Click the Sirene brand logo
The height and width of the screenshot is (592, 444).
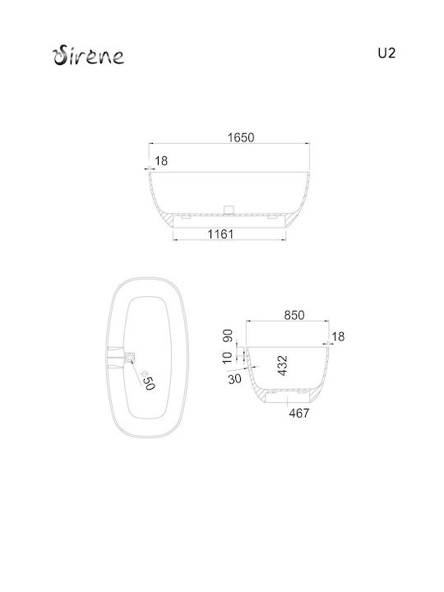[88, 56]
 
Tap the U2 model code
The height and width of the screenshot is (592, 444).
[386, 53]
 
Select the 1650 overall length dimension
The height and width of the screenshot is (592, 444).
[241, 137]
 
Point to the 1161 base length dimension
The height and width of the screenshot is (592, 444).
[221, 234]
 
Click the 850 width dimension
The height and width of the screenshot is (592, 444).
[294, 315]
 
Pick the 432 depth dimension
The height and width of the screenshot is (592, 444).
[282, 365]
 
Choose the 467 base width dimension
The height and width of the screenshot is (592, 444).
[299, 414]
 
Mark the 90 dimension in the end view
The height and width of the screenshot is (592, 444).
[228, 335]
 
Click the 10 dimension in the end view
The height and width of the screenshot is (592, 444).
[228, 358]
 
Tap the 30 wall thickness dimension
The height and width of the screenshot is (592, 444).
[234, 379]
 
